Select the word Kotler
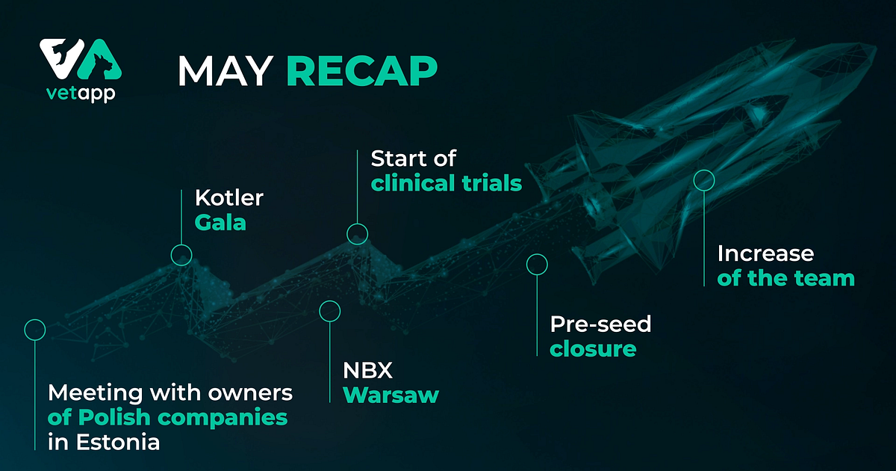[229, 198]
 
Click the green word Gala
[220, 222]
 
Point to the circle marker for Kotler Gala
[181, 255]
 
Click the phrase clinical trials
[446, 183]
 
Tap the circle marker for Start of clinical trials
[357, 234]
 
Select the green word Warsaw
[391, 394]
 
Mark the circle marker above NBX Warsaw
[329, 311]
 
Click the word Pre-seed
[600, 324]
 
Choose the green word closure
[593, 348]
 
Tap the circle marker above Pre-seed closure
[537, 264]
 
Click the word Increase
[765, 253]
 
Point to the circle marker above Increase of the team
[704, 180]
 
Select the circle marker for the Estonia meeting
[35, 329]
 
